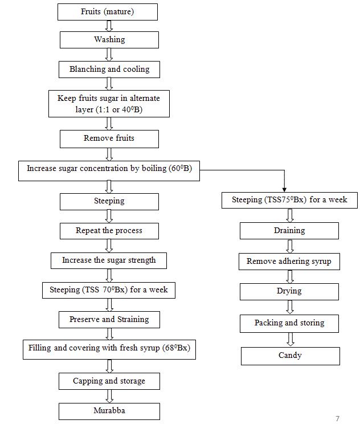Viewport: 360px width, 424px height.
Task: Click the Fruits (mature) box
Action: [x=108, y=12]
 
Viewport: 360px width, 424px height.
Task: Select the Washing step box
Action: [x=109, y=40]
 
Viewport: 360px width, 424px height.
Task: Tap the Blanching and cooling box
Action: [x=109, y=70]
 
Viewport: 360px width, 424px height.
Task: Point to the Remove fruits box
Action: [x=109, y=138]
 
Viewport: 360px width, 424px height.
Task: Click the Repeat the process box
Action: [x=109, y=231]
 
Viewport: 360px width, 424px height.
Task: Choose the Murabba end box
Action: [x=109, y=411]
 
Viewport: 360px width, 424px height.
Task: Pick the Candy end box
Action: [x=291, y=356]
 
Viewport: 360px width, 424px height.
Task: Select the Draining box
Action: [x=289, y=231]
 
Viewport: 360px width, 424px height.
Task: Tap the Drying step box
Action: [x=289, y=292]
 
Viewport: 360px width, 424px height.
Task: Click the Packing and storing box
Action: [x=289, y=323]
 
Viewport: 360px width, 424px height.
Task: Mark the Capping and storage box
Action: [x=109, y=381]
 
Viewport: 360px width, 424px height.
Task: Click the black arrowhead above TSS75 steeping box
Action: [x=284, y=190]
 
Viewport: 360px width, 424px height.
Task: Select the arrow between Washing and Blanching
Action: [x=109, y=55]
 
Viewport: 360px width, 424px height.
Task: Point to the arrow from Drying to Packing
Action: [x=290, y=307]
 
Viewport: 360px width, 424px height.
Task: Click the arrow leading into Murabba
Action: [x=109, y=396]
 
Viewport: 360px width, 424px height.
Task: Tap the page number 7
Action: [x=337, y=418]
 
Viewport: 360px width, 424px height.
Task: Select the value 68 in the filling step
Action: [x=170, y=348]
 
